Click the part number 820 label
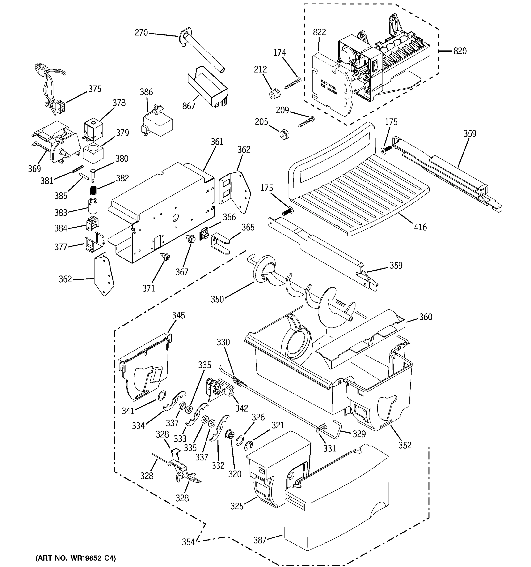(460, 51)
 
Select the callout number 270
(141, 33)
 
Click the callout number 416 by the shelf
(420, 227)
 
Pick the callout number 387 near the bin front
(260, 540)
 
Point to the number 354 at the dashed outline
(188, 542)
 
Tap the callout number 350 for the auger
(217, 300)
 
